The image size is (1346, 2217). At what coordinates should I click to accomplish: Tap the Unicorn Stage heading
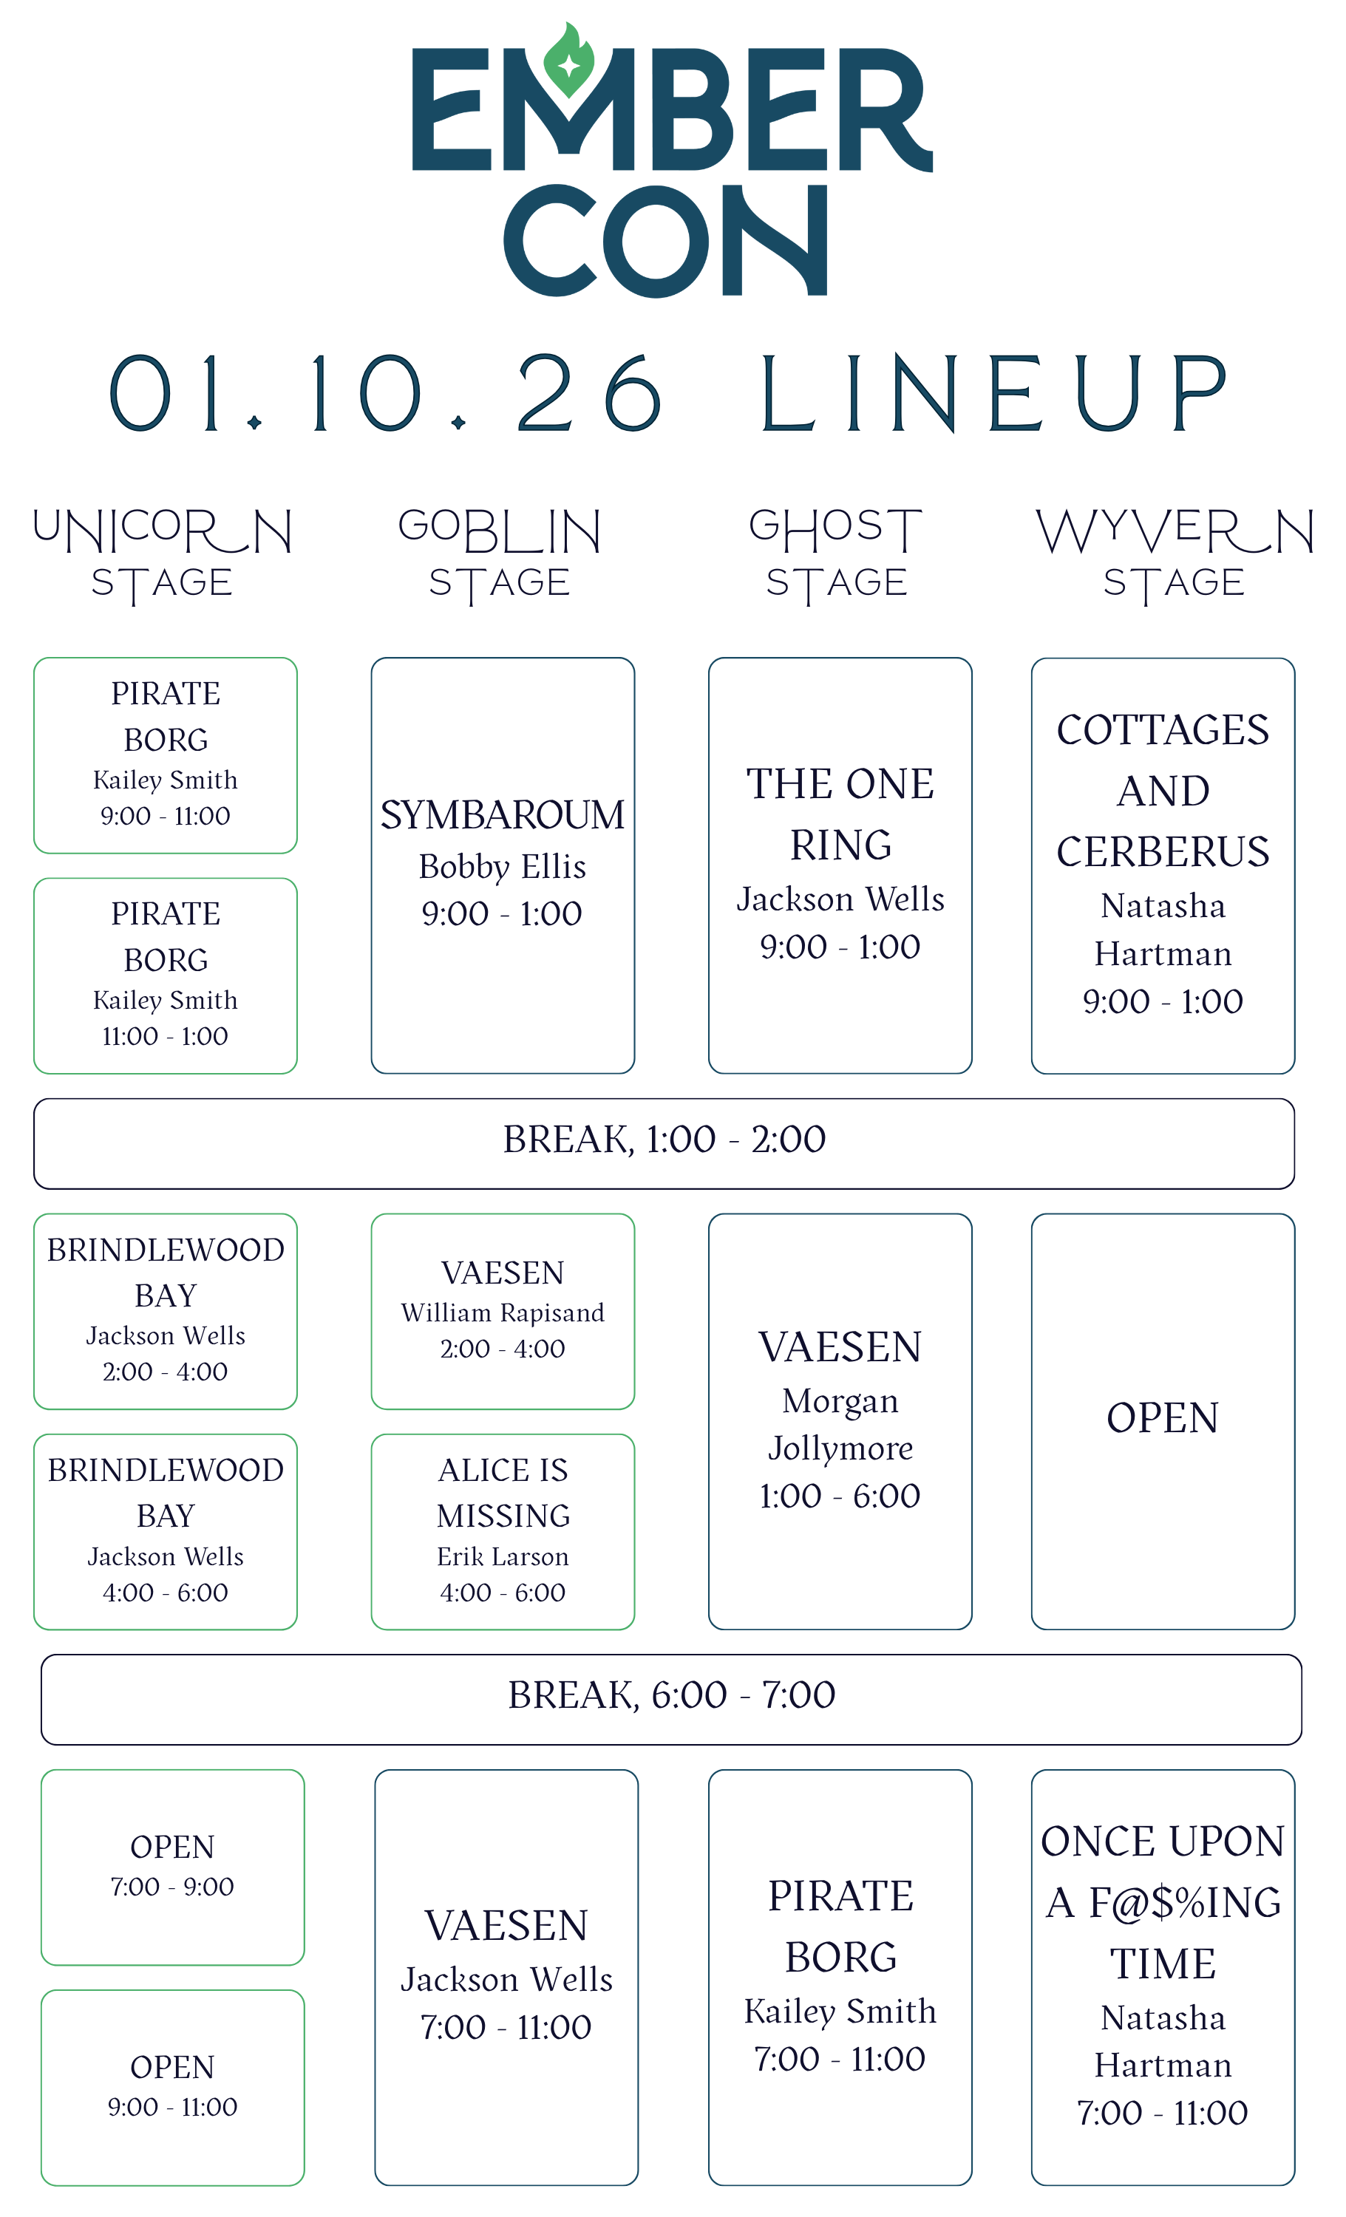coord(163,554)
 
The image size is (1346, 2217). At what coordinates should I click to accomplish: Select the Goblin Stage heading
coord(500,554)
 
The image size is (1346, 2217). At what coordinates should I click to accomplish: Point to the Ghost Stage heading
coord(836,554)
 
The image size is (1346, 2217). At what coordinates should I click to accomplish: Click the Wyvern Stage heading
coord(1175,554)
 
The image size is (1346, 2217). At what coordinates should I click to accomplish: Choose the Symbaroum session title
coord(502,815)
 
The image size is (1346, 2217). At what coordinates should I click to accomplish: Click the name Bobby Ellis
coord(502,866)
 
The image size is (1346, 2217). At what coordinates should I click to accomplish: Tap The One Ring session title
coord(840,814)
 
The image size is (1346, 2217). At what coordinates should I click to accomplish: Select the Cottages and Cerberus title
coord(1163,790)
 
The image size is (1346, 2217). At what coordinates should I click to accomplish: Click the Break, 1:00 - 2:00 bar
coord(664,1142)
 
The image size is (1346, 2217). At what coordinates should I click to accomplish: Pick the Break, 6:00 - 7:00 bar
coord(671,1699)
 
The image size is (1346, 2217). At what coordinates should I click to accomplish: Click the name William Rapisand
coord(502,1312)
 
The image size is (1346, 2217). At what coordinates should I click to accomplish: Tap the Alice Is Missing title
coord(503,1493)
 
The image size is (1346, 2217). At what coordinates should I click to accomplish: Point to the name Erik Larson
coord(503,1556)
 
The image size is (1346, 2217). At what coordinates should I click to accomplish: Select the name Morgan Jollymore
coord(840,1424)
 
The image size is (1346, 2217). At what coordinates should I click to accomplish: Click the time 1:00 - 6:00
coord(840,1496)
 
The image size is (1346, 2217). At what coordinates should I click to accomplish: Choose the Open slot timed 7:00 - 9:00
coord(173,1867)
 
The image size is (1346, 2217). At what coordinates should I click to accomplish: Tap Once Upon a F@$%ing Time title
coord(1163,1903)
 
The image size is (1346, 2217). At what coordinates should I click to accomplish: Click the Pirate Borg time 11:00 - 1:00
coord(166,1037)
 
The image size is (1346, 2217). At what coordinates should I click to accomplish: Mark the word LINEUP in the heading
coord(993,392)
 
